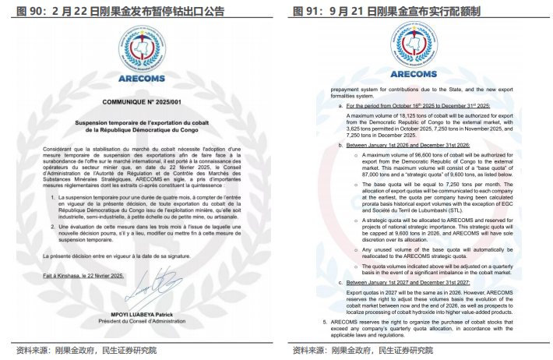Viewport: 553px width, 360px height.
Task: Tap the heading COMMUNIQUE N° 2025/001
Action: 139,102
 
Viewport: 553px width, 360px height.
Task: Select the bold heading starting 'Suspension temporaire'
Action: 139,127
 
